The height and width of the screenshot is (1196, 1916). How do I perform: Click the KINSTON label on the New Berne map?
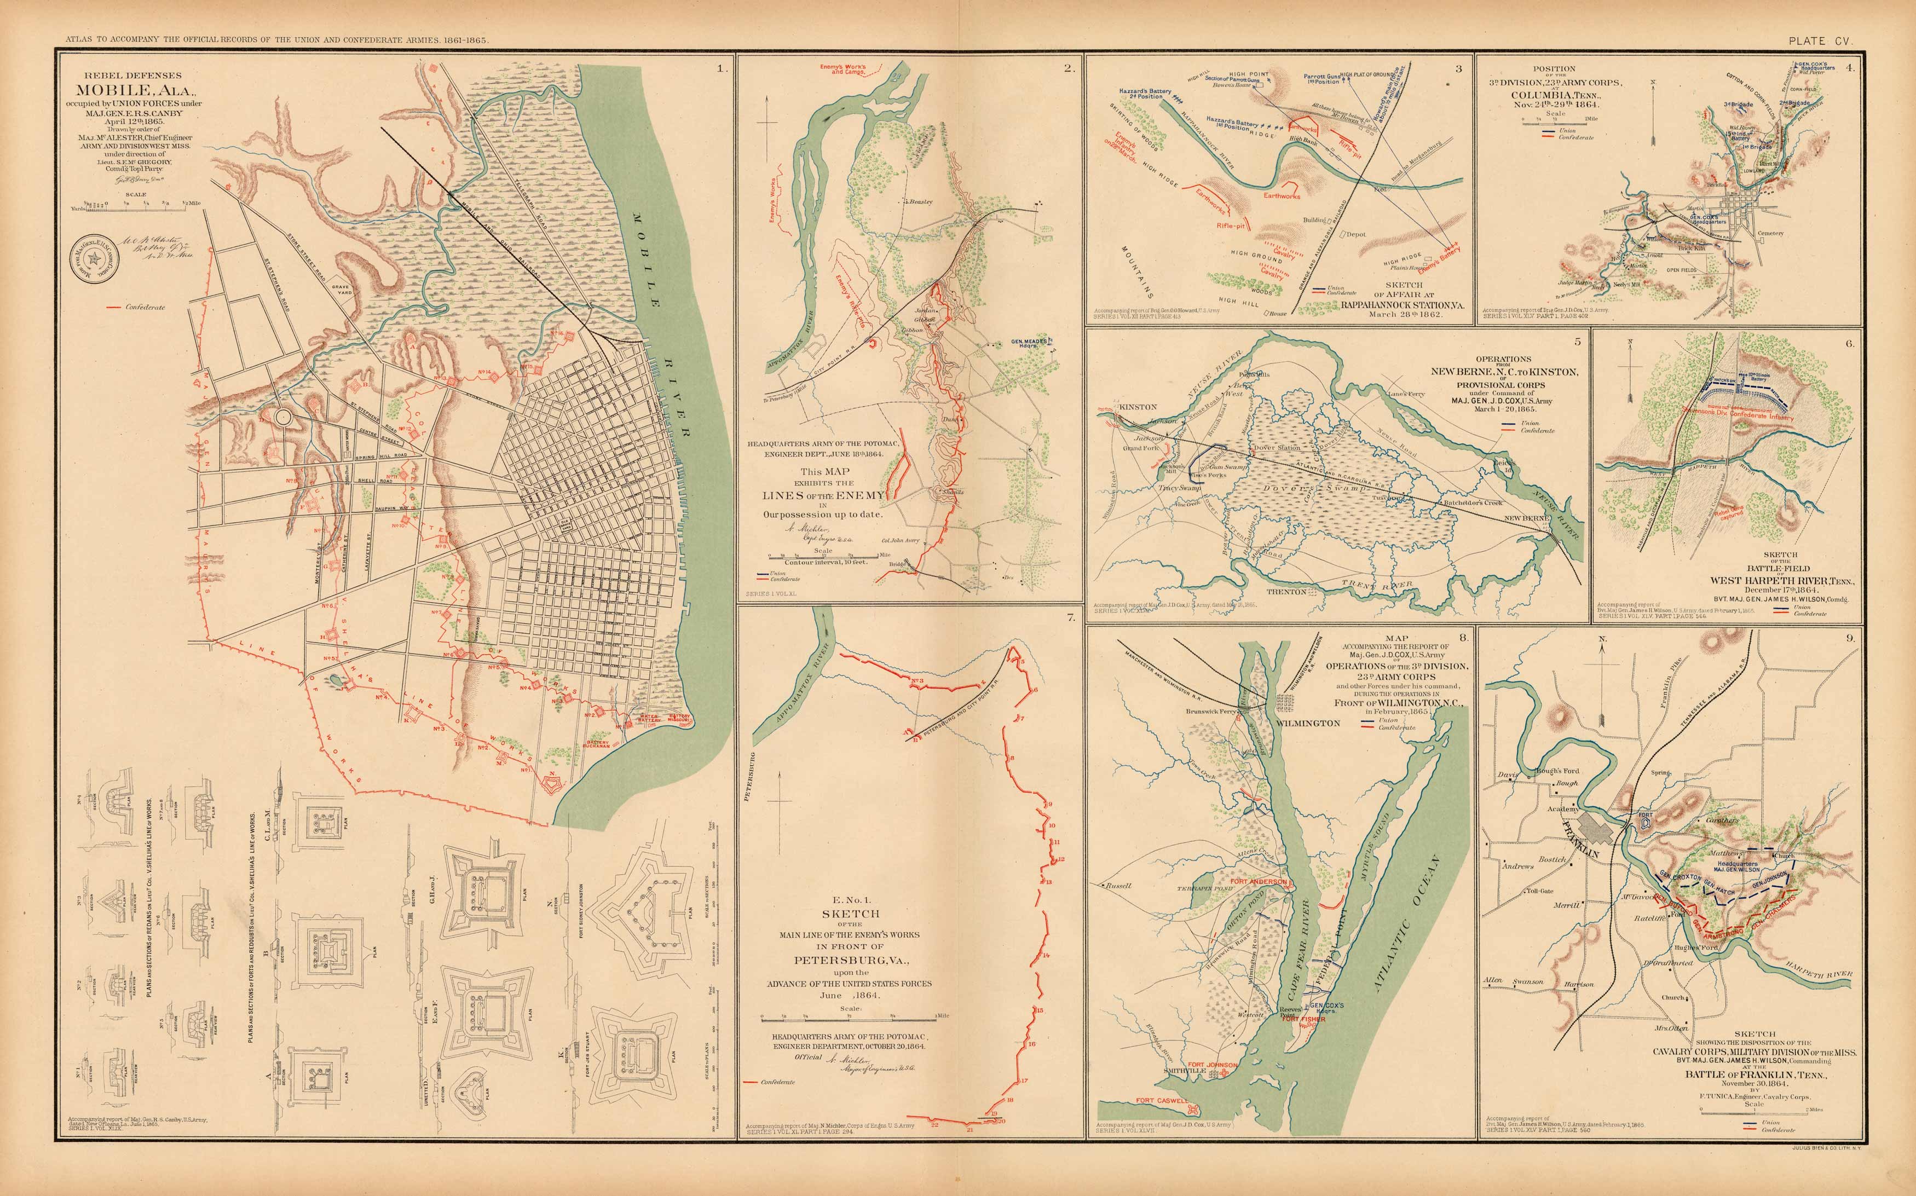click(1138, 407)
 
